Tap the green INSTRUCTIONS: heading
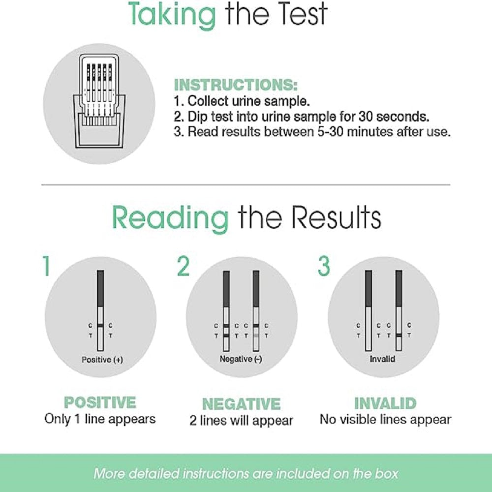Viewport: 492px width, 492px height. click(236, 85)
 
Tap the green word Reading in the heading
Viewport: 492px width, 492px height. click(170, 217)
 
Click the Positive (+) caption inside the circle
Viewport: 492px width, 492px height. click(102, 360)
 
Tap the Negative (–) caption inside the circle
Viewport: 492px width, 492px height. click(241, 359)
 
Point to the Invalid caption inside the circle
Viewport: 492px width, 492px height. click(382, 359)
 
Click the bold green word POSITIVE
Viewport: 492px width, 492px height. click(100, 402)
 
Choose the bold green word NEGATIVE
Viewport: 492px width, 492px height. click(241, 404)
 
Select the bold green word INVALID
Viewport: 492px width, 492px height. click(385, 403)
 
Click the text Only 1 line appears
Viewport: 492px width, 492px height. click(100, 419)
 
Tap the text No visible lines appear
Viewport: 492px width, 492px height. click(385, 420)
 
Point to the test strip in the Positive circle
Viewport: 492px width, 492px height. click(100, 310)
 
